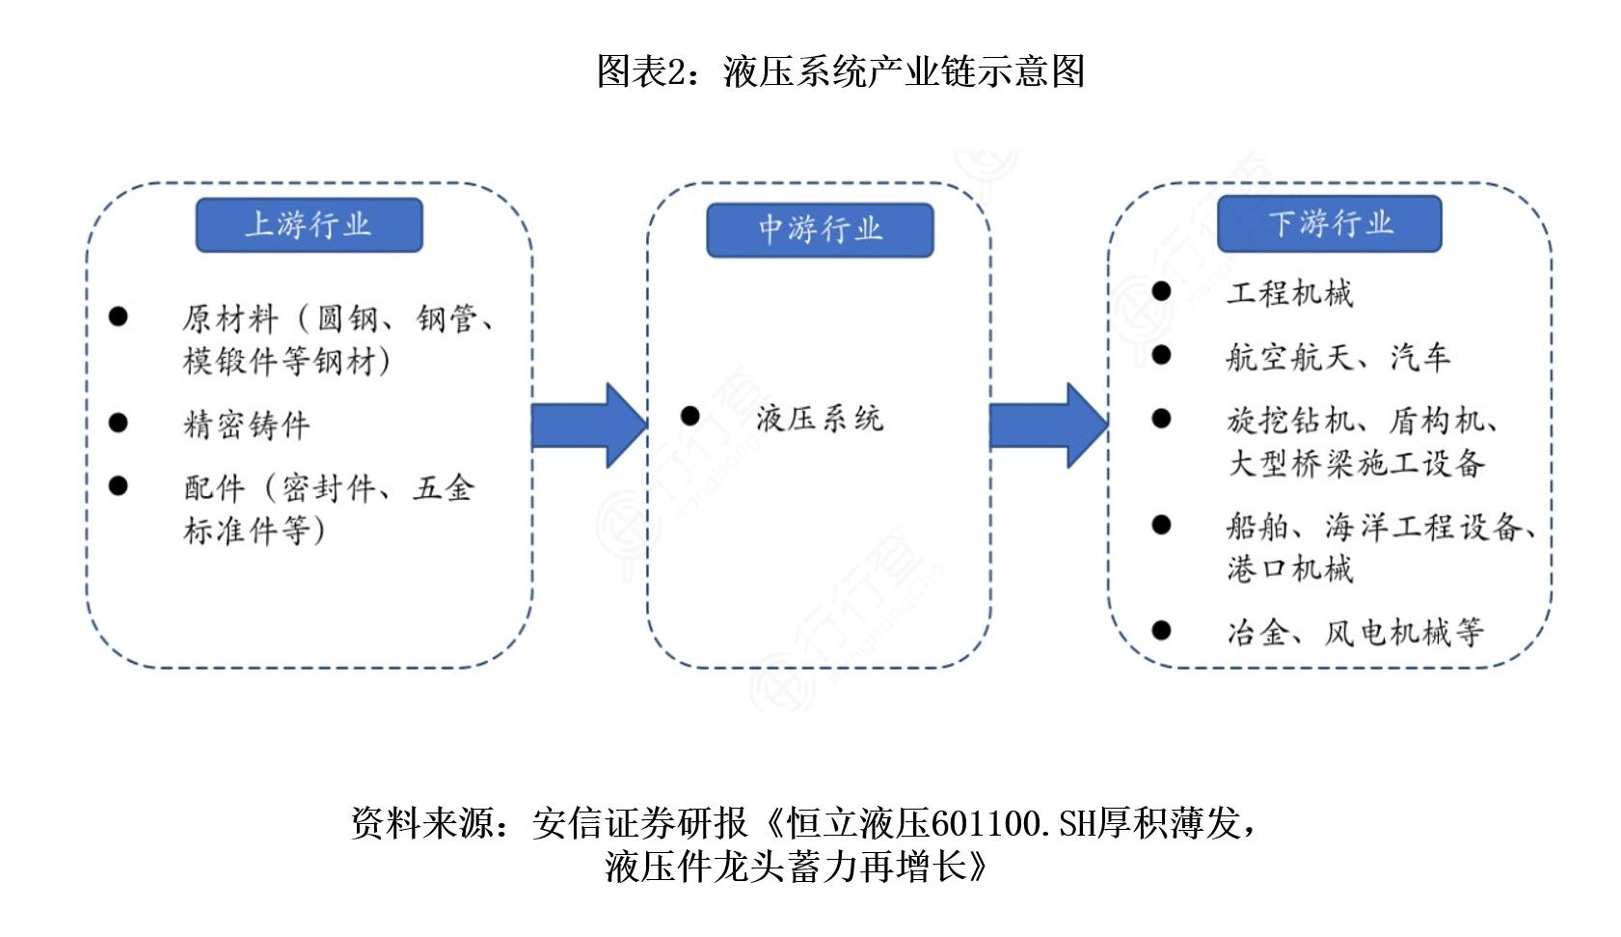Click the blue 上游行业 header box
(309, 225)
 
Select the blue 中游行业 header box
(820, 230)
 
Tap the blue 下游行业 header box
(1329, 224)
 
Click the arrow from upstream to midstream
(588, 426)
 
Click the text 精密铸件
(247, 425)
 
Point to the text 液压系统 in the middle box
(819, 418)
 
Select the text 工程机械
(1289, 293)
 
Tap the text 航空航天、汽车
(1337, 357)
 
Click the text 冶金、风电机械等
(1355, 632)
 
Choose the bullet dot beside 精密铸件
(119, 423)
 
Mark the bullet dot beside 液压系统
(690, 416)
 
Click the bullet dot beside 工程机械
(1161, 291)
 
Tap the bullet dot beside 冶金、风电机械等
(1161, 630)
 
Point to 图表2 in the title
(640, 71)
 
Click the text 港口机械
(1289, 568)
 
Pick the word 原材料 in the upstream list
(230, 317)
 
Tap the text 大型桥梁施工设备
(1355, 463)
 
